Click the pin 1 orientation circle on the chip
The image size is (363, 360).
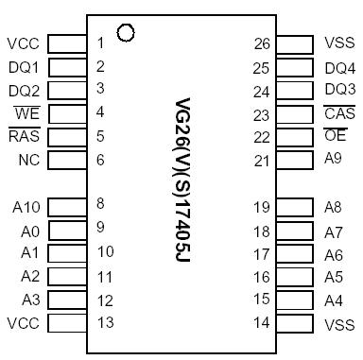pyautogui.click(x=125, y=33)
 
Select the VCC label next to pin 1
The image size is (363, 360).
pyautogui.click(x=23, y=44)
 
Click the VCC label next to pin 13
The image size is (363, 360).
pyautogui.click(x=23, y=323)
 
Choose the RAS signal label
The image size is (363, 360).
pyautogui.click(x=25, y=136)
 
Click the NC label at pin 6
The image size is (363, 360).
pyautogui.click(x=28, y=159)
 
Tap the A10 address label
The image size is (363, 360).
pyautogui.click(x=26, y=207)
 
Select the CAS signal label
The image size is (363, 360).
pyautogui.click(x=339, y=113)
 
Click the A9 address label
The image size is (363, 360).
pyautogui.click(x=333, y=159)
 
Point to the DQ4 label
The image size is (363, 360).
pyautogui.click(x=339, y=68)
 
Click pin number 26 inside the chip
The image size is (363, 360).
pyautogui.click(x=262, y=43)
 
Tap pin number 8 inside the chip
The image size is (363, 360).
pyautogui.click(x=100, y=204)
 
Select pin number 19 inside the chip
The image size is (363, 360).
pyautogui.click(x=262, y=207)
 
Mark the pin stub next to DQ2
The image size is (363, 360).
pyautogui.click(x=66, y=91)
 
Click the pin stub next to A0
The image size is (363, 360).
pyautogui.click(x=66, y=230)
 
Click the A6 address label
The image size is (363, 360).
pyautogui.click(x=333, y=255)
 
